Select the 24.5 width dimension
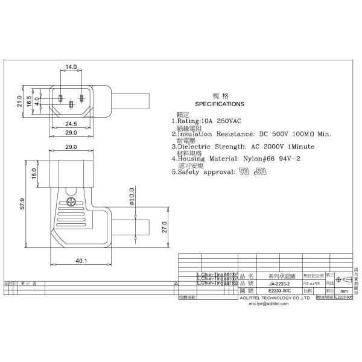tap(72, 124)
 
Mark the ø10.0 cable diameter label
tap(132, 197)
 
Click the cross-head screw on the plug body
tap(72, 203)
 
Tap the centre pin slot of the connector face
tap(72, 105)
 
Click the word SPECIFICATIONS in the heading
tap(220, 104)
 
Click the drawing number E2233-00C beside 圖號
tap(279, 290)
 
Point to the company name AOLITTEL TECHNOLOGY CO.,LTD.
tap(281, 298)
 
